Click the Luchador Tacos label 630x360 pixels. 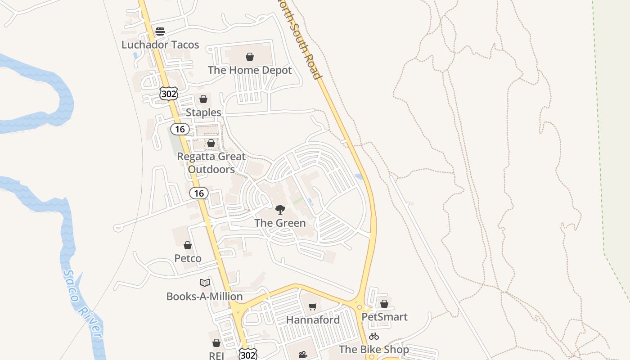point(160,45)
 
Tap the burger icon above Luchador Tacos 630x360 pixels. point(160,31)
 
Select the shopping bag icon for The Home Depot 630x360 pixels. point(250,57)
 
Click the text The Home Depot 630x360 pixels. point(250,70)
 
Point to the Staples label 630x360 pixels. point(203,112)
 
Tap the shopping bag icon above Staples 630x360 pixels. point(203,99)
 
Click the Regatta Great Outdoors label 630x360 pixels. point(211,163)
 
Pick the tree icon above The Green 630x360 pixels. point(280,209)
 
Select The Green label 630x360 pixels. point(280,223)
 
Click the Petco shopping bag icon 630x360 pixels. point(188,245)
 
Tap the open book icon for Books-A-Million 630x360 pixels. point(205,283)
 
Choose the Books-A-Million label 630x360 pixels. point(205,297)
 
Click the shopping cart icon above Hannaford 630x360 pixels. point(313,306)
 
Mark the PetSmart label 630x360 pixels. point(384,317)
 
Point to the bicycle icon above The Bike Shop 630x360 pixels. point(373,336)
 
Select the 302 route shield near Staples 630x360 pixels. point(169,94)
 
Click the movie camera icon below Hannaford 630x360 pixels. point(303,355)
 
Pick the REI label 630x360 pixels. point(216,355)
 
